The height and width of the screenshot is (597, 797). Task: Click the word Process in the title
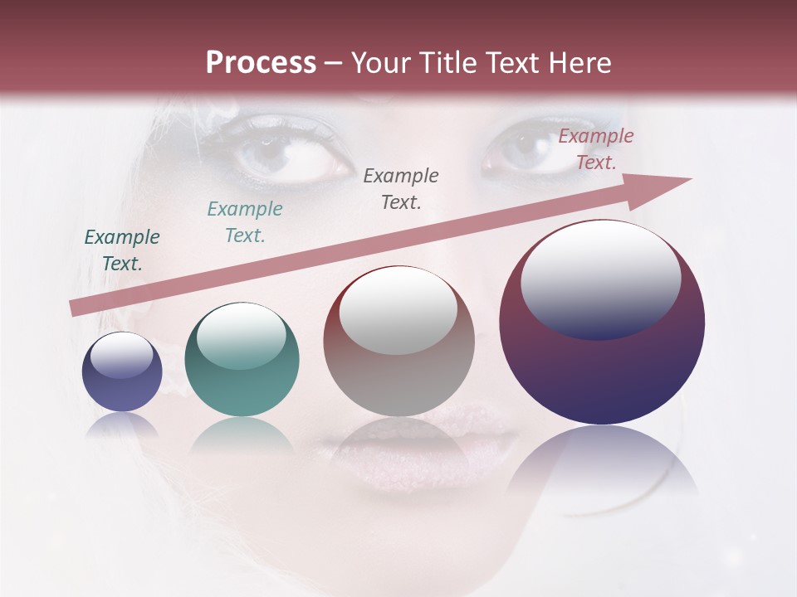coord(261,63)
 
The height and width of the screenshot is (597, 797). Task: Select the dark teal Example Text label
coord(122,250)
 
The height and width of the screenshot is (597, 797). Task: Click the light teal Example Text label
coord(245,222)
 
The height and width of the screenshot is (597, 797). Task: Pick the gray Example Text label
coord(401,189)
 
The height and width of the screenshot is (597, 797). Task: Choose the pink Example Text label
coord(596,149)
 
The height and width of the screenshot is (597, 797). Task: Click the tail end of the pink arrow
coord(76,308)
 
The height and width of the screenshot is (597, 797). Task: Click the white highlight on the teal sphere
coord(242,334)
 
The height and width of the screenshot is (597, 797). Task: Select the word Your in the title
coord(375,63)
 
